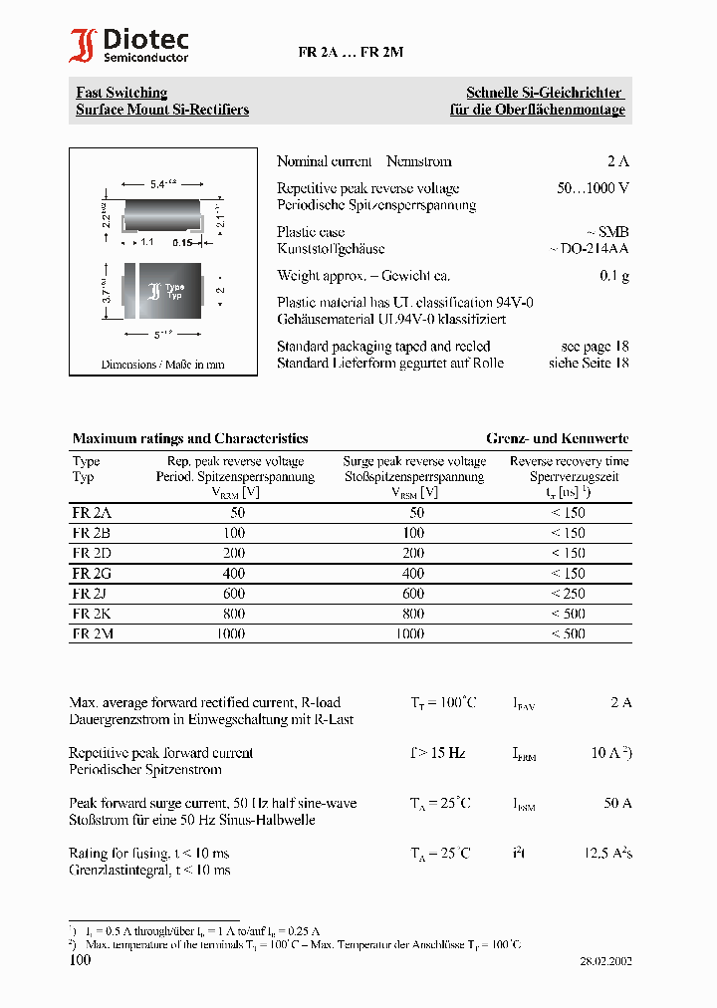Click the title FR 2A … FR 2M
click(x=351, y=53)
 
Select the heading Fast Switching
click(x=121, y=93)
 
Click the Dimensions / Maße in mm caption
click(x=162, y=365)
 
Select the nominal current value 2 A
click(x=617, y=161)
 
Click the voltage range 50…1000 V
click(x=593, y=188)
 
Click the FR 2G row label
click(x=92, y=573)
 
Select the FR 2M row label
click(x=93, y=633)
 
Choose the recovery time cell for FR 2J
click(x=568, y=594)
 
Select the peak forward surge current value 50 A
click(x=617, y=803)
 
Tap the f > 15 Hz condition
click(x=438, y=753)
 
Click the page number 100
click(x=80, y=960)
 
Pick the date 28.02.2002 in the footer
click(x=605, y=962)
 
